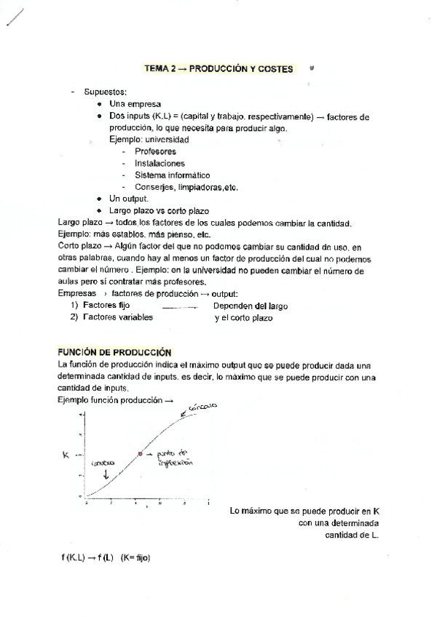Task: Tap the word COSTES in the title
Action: (x=275, y=69)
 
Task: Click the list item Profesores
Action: (x=155, y=151)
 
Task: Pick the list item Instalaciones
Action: (x=160, y=163)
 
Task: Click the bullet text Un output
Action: (x=128, y=199)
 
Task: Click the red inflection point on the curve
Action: (x=140, y=453)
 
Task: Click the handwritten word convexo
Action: (x=103, y=463)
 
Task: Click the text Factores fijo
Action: (x=106, y=306)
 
